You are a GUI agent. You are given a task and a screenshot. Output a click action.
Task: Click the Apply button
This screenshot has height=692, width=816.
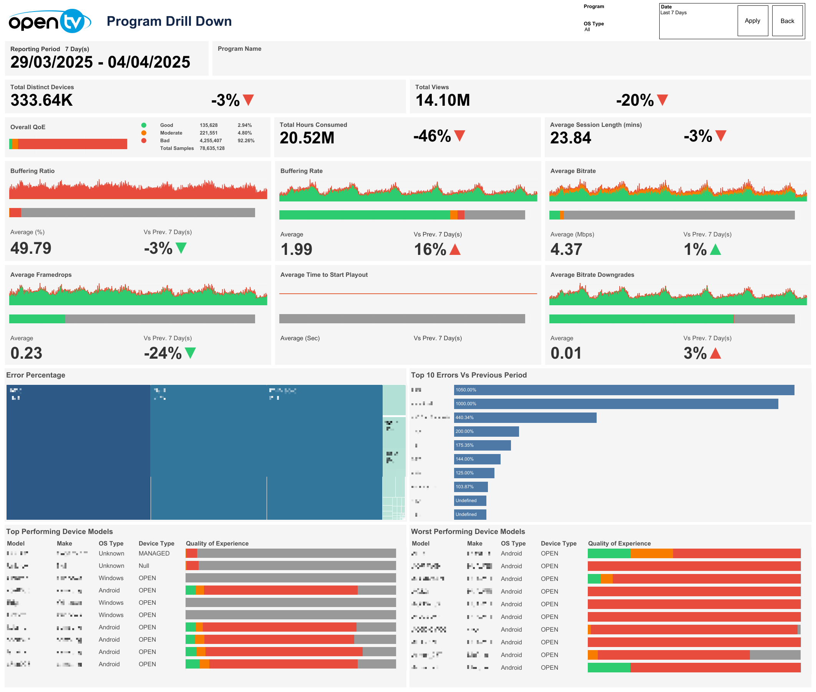pos(752,21)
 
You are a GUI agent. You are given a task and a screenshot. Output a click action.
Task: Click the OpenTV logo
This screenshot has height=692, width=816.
pos(50,21)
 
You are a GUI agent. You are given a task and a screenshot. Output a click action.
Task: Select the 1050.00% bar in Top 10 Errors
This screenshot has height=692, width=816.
pos(624,390)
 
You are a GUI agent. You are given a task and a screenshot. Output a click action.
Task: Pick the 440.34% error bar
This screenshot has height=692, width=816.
pos(525,418)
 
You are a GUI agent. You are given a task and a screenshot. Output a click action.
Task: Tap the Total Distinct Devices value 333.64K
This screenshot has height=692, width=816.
pos(41,100)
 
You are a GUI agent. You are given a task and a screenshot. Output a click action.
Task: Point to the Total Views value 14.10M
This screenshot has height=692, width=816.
pos(442,100)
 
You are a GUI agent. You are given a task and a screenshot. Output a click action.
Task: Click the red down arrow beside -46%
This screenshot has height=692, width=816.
pos(459,136)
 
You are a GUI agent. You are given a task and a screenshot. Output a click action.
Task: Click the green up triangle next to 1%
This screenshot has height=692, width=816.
pos(715,250)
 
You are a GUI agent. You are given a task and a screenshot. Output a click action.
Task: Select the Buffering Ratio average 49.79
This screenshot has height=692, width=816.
pos(31,248)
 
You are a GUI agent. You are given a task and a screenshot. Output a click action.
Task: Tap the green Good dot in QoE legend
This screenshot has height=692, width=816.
pos(144,125)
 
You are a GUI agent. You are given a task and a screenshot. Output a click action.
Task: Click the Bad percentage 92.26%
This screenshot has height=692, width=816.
pos(246,140)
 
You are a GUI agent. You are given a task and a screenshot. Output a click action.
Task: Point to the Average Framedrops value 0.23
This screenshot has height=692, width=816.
pos(26,353)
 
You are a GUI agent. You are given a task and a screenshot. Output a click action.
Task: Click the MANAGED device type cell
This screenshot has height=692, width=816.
pos(154,553)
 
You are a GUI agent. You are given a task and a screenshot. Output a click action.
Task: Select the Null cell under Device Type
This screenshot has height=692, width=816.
pos(144,566)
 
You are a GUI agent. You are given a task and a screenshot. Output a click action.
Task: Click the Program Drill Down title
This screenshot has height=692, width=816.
pos(169,21)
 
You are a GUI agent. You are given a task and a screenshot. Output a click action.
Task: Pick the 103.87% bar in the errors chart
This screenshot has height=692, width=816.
pos(471,487)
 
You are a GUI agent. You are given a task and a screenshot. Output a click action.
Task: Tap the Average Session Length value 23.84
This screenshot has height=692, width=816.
pos(570,138)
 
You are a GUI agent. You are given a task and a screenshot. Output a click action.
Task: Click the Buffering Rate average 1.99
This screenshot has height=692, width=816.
pos(296,250)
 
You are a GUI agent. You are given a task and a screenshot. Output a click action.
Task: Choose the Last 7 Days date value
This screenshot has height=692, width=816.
pos(673,13)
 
